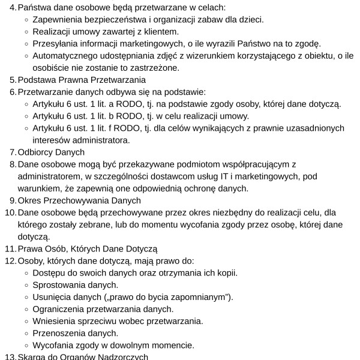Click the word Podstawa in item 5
(37, 79)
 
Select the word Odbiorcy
(36, 152)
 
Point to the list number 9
(13, 200)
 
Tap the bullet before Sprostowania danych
(26, 285)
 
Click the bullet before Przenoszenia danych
(26, 333)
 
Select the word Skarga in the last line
(31, 356)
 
